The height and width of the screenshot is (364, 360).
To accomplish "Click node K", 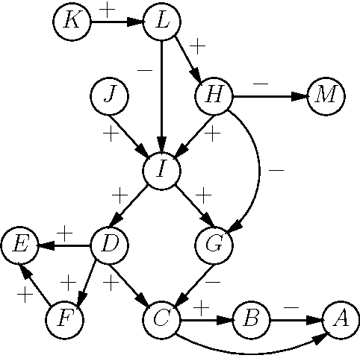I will pos(72,21).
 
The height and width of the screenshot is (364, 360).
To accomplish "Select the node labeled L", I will pos(162,21).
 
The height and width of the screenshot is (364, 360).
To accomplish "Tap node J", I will pos(109,95).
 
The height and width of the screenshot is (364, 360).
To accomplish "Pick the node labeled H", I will pos(214,95).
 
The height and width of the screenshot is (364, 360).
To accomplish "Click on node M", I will pos(326,95).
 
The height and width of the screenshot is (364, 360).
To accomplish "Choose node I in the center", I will pos(162,169).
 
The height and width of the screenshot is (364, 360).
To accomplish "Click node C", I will pos(162,319).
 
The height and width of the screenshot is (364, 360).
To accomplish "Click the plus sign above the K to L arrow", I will pos(108,10).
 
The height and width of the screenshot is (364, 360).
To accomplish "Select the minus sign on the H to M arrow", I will pos(261,84).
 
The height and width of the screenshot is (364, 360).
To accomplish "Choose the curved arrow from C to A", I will pos(250,351).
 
